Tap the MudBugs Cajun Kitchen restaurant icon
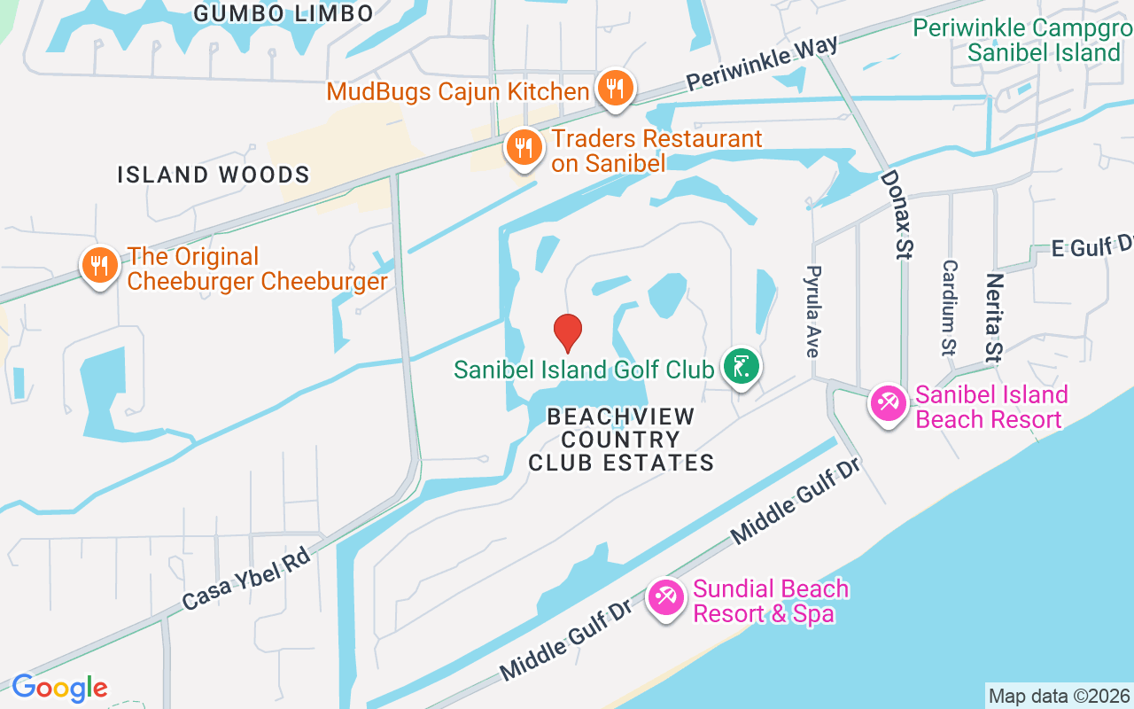pyautogui.click(x=614, y=89)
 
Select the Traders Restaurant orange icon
pyautogui.click(x=524, y=147)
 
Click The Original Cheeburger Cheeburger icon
pyautogui.click(x=100, y=265)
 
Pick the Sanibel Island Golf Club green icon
pyautogui.click(x=741, y=366)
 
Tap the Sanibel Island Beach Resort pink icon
pyautogui.click(x=887, y=404)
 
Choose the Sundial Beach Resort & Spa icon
pyautogui.click(x=665, y=597)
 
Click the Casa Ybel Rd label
pyautogui.click(x=246, y=579)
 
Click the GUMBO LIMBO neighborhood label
pyautogui.click(x=283, y=13)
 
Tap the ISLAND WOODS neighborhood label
pyautogui.click(x=214, y=175)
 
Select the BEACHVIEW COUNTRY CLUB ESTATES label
pyautogui.click(x=621, y=440)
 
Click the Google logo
pyautogui.click(x=59, y=688)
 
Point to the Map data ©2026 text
pyautogui.click(x=1059, y=696)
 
